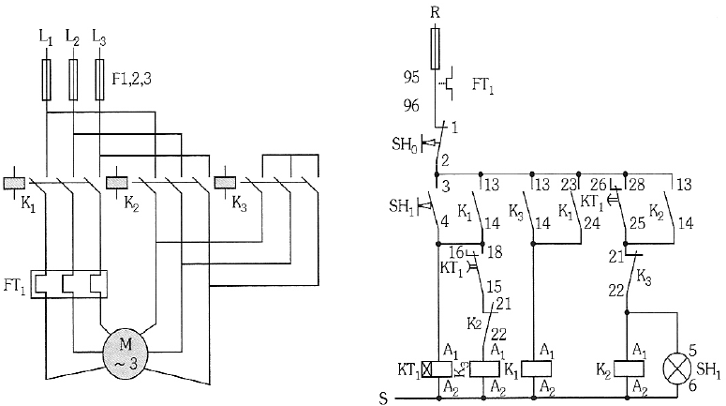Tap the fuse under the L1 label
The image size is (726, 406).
pos(46,80)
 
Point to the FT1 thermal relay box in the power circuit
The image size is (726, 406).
pos(68,283)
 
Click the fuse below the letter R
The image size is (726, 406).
pos(435,48)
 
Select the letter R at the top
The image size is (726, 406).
pos(435,12)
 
